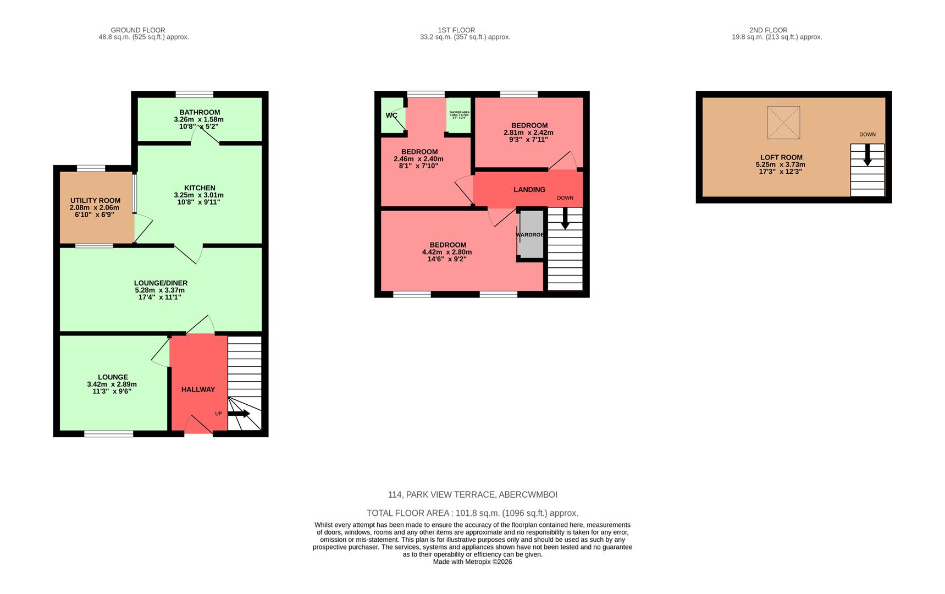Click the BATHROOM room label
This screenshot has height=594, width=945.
[200, 112]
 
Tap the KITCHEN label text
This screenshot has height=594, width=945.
[200, 188]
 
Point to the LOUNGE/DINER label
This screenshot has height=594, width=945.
[161, 283]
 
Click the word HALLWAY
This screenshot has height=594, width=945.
[198, 389]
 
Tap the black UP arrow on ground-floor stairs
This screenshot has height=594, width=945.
[239, 414]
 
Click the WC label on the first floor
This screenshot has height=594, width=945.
[391, 116]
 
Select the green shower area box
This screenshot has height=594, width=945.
[458, 116]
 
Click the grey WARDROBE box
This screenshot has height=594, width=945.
[532, 234]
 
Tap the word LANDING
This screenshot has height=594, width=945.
[529, 190]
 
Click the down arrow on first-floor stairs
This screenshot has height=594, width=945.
[565, 221]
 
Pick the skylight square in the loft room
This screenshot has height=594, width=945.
[783, 122]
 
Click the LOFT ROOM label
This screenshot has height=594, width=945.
[781, 157]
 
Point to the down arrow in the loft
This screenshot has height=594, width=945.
[867, 155]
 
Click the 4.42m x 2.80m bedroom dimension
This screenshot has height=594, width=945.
[447, 252]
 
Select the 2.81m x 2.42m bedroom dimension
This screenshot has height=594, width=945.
[528, 133]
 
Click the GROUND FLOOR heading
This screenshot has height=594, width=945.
[138, 30]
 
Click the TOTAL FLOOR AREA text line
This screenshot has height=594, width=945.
[472, 513]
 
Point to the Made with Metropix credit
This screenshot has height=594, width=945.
[472, 562]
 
